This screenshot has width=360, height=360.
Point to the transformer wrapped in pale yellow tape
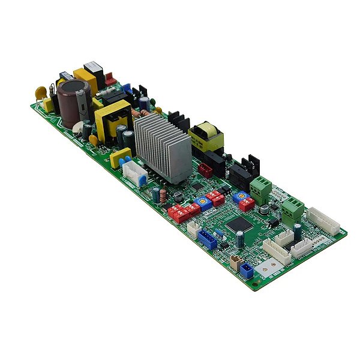pyautogui.click(x=205, y=137)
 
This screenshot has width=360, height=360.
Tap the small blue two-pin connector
pyautogui.click(x=247, y=270)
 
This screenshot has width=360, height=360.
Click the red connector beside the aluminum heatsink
pyautogui.click(x=205, y=170)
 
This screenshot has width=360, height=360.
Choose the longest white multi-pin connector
pyautogui.click(x=323, y=221)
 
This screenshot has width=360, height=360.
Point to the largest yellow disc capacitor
pyautogui.click(x=41, y=93)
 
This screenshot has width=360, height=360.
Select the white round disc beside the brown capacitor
pyautogui.click(x=78, y=126)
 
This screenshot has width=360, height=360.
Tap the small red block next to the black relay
pyautogui.click(x=110, y=78)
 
